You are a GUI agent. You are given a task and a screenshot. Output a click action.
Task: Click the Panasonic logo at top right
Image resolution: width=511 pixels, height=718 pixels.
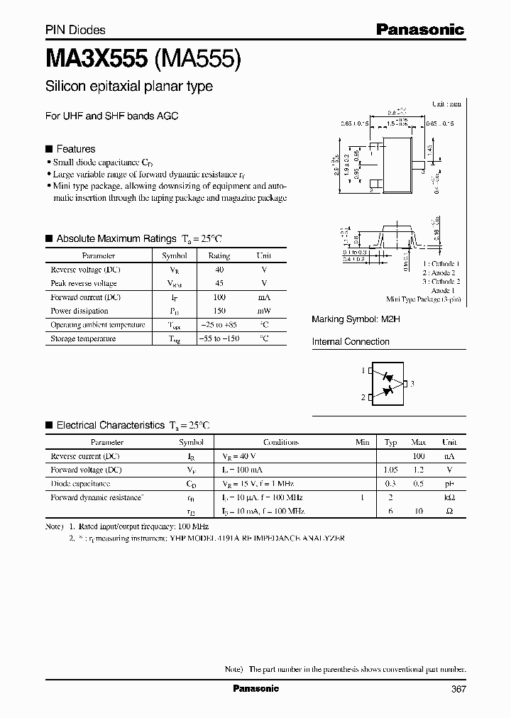pyautogui.click(x=419, y=29)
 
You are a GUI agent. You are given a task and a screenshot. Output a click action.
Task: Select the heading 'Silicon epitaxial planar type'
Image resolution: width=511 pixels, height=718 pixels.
pyautogui.click(x=128, y=87)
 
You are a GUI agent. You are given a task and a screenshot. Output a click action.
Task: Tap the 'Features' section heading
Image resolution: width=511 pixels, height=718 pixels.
pyautogui.click(x=75, y=149)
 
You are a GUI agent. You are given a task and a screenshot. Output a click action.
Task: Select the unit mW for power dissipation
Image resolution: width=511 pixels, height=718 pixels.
pyautogui.click(x=263, y=311)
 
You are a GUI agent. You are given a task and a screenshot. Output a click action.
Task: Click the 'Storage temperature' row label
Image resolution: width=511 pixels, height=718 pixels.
pyautogui.click(x=83, y=338)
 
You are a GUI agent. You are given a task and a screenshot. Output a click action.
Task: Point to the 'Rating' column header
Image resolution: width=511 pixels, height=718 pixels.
pyautogui.click(x=219, y=255)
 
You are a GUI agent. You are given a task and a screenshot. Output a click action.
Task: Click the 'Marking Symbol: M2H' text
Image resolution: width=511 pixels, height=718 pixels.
pyautogui.click(x=356, y=319)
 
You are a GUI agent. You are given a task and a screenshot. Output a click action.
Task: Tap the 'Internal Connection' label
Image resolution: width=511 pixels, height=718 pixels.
pyautogui.click(x=351, y=341)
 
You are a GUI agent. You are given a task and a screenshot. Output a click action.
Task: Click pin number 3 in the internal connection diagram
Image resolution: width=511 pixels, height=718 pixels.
pyautogui.click(x=412, y=384)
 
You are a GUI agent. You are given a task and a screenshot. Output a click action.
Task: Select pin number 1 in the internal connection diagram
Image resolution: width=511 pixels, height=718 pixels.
pyautogui.click(x=362, y=370)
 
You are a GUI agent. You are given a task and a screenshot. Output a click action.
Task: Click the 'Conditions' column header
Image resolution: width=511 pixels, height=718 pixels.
pyautogui.click(x=281, y=442)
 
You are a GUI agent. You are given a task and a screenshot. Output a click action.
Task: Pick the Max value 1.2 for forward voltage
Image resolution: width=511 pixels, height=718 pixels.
pyautogui.click(x=419, y=470)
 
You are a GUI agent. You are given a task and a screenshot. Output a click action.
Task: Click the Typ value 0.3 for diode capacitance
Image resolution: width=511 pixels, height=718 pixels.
pyautogui.click(x=390, y=483)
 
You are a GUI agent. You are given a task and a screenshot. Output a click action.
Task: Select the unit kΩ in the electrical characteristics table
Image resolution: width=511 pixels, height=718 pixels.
pyautogui.click(x=449, y=497)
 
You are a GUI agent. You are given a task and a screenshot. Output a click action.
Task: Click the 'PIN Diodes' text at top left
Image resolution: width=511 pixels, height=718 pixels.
pyautogui.click(x=75, y=30)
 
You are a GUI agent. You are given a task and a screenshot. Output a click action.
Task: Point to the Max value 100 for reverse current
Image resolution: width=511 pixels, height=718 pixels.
pyautogui.click(x=419, y=456)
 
